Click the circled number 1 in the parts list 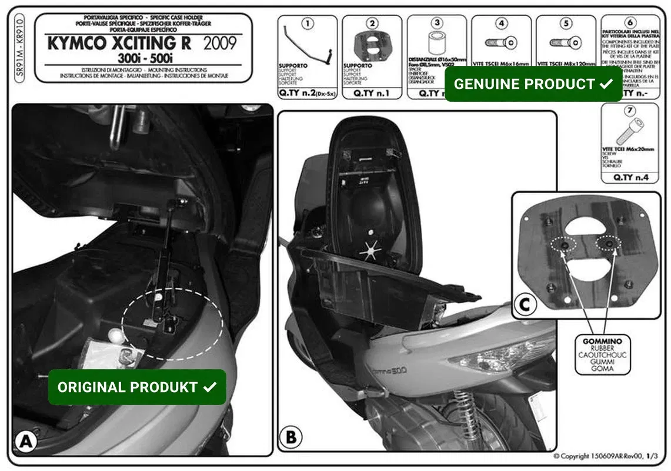(308, 24)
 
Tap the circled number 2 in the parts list (372, 24)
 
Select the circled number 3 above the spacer (436, 24)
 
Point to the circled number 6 (630, 22)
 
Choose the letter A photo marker (25, 442)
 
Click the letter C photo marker (525, 304)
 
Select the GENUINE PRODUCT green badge (533, 84)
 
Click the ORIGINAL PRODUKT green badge (137, 387)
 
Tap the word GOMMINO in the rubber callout (602, 341)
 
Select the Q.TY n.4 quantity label (630, 177)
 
